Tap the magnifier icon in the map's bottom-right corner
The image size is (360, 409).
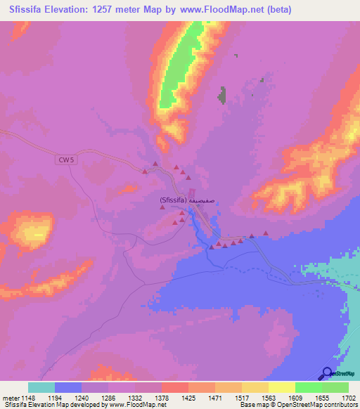329,375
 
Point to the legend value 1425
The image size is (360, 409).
188,398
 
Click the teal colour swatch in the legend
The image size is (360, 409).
41,387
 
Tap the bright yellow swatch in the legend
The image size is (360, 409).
282,387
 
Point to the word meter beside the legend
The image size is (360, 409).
11,398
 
